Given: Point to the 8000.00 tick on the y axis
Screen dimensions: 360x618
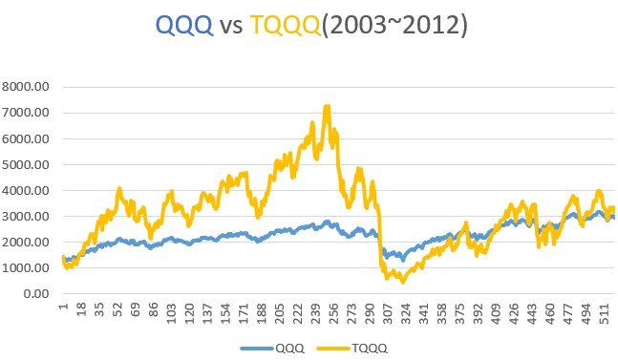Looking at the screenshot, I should point(30,87).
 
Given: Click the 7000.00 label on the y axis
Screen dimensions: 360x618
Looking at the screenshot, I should point(30,113).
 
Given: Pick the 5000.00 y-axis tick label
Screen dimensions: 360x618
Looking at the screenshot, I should point(30,164).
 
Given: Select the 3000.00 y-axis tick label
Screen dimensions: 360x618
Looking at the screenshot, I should point(30,217).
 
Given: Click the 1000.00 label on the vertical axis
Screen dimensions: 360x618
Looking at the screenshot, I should point(30,268).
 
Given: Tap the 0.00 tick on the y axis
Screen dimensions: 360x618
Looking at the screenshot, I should point(39,294).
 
